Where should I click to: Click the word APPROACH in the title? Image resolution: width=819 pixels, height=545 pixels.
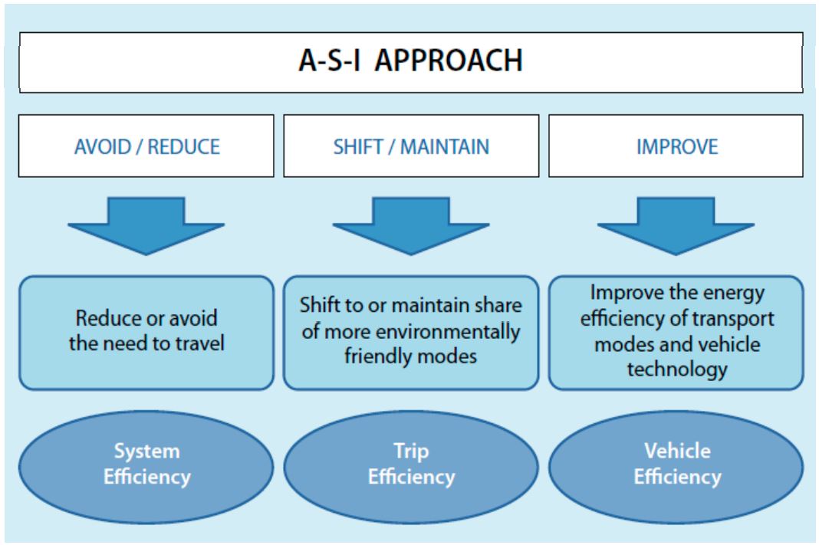[448, 60]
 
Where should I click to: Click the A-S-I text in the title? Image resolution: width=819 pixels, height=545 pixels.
[330, 60]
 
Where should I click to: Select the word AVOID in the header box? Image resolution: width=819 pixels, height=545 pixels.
[102, 147]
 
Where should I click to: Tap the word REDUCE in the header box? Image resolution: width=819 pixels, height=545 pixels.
[184, 147]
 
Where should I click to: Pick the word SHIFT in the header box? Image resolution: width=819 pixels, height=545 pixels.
[358, 147]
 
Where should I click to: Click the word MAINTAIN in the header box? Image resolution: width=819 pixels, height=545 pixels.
[445, 147]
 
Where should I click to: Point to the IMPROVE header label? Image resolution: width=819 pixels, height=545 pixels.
[677, 147]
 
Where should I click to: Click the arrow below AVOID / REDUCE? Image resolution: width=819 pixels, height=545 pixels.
[146, 225]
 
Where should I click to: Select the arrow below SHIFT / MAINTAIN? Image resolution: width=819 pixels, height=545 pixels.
[411, 225]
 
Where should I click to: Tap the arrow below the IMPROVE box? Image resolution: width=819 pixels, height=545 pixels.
[676, 225]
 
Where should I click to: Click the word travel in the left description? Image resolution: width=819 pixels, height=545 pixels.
[199, 343]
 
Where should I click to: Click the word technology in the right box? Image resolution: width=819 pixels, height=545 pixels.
[677, 369]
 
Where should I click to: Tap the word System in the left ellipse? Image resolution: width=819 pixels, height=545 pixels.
[147, 451]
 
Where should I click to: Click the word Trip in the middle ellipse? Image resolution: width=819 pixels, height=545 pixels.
[412, 451]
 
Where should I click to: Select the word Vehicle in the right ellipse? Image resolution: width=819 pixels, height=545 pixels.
[677, 451]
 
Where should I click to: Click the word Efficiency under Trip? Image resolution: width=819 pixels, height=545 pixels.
[412, 477]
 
